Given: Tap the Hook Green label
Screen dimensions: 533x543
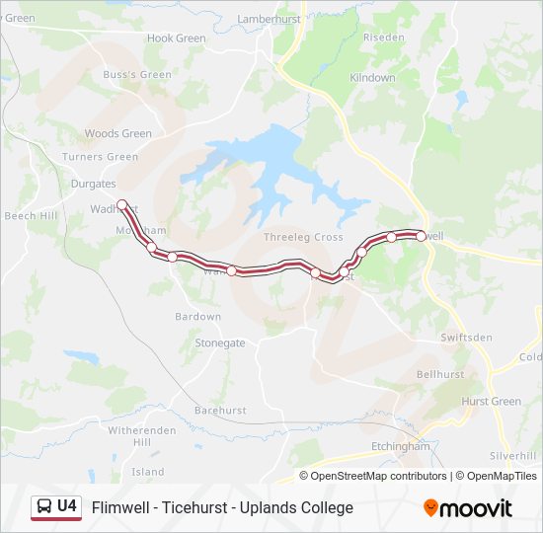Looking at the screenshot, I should click(176, 38).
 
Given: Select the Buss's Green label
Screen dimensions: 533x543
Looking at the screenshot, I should click(137, 74).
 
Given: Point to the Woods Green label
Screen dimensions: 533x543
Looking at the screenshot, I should click(118, 133).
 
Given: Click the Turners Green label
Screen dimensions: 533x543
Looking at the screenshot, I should click(100, 157).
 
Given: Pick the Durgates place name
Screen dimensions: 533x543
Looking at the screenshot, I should click(94, 184).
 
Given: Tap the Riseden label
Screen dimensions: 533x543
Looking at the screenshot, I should click(384, 38).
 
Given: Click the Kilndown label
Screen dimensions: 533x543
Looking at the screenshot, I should click(372, 77).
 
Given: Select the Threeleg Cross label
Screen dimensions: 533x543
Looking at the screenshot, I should click(303, 237).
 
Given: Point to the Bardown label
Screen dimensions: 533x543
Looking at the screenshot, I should click(197, 317).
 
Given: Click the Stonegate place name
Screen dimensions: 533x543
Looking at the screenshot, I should click(219, 343).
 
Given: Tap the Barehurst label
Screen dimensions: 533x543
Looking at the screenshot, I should click(219, 409).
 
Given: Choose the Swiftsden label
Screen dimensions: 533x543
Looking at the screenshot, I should click(466, 338).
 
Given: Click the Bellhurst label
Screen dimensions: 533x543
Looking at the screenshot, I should click(440, 375).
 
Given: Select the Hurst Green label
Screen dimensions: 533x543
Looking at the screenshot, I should click(492, 402).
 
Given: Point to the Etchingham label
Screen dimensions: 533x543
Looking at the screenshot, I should click(400, 446).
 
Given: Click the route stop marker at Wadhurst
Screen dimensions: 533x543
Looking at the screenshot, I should click(121, 205).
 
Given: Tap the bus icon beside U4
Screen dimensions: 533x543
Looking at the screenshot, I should click(45, 506).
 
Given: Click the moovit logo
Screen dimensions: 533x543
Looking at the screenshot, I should click(468, 508).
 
